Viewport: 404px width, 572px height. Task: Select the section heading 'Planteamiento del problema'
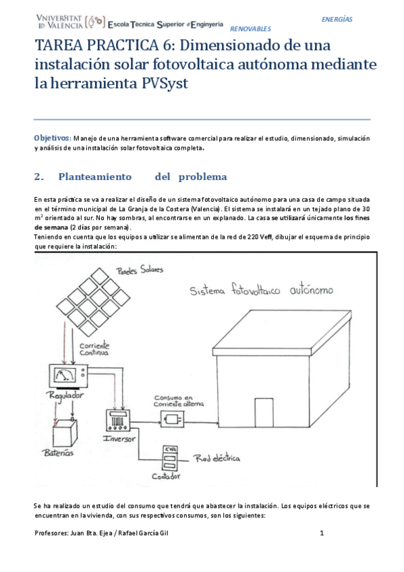142,177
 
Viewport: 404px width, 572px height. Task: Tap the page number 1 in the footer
322,533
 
